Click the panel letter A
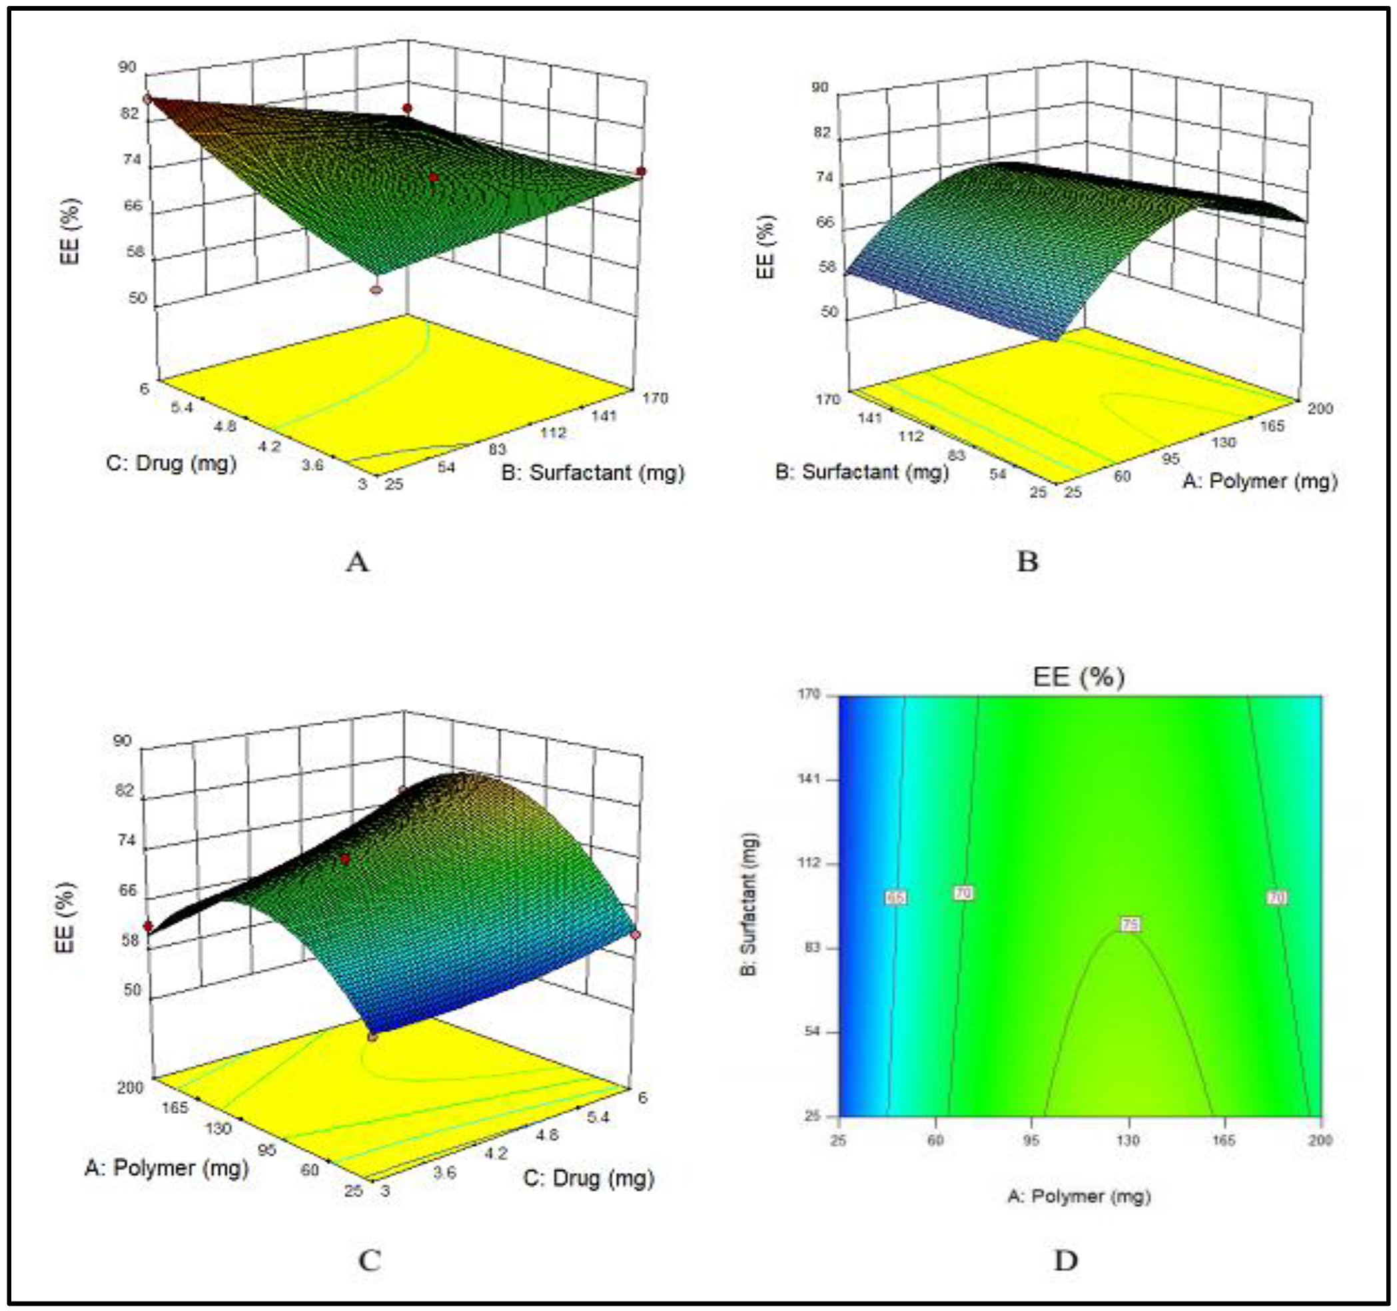point(357,562)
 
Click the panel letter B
point(1027,562)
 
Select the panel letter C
point(370,1261)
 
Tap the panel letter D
point(1065,1261)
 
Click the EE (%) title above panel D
point(1079,677)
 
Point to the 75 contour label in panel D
point(1129,925)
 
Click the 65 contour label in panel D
point(895,898)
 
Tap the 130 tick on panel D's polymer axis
point(1128,1140)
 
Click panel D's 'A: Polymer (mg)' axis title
point(1079,1196)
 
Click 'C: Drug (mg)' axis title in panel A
point(171,464)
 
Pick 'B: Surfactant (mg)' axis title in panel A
point(592,473)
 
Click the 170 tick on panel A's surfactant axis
point(654,398)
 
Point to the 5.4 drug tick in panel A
point(181,408)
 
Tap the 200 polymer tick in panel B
point(1319,409)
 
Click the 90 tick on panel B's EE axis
point(819,88)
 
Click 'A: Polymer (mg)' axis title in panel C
point(167,1168)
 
